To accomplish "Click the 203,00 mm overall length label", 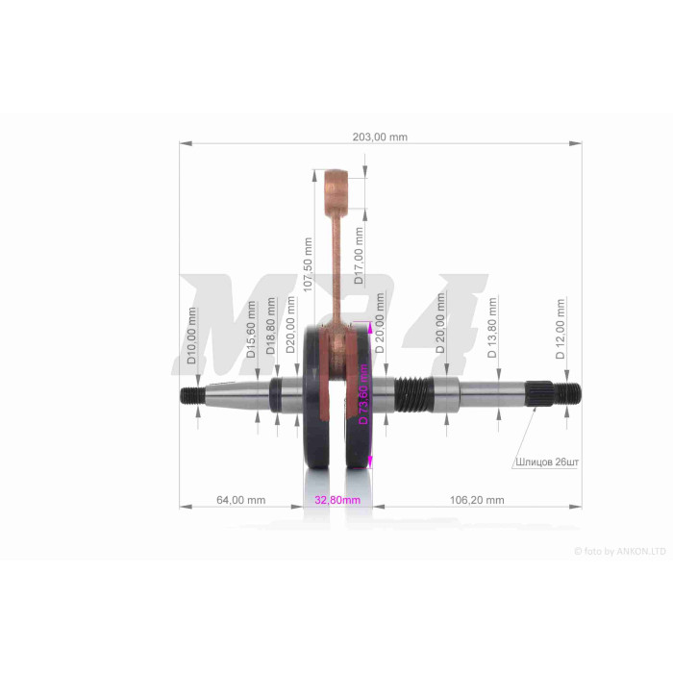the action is pos(380,137).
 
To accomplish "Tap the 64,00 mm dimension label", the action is pos(240,500).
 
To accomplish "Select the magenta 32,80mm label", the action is pos(337,500).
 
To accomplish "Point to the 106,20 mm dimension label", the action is pos(477,500).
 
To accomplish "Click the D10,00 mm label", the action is pos(192,336).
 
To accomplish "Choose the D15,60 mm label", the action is pos(252,329).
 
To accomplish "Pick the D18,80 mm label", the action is pos(271,326).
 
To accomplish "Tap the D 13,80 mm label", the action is pos(492,328).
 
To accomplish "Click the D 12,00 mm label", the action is pos(561,329).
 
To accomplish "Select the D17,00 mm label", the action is pos(359,256).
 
